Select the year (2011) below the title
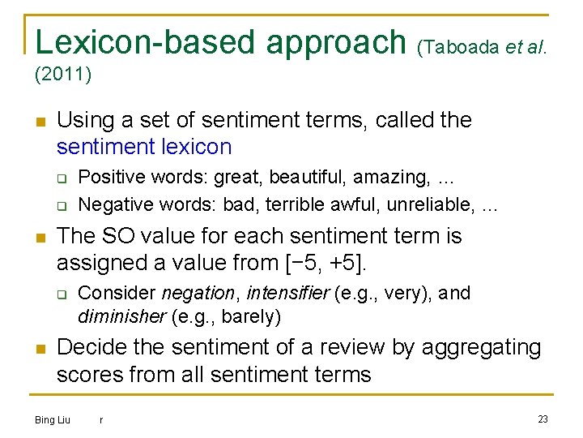pyautogui.click(x=63, y=75)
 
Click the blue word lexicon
pyautogui.click(x=198, y=147)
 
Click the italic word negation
pyautogui.click(x=199, y=293)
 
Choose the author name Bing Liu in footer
pyautogui.click(x=53, y=419)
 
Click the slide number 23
pyautogui.click(x=543, y=419)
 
